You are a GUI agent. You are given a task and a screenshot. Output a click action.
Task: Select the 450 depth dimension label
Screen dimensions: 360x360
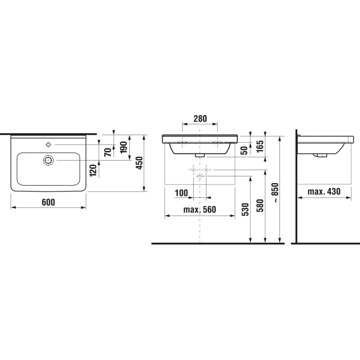point(140,163)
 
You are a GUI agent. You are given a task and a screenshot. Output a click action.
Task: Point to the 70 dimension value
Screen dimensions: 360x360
point(108,151)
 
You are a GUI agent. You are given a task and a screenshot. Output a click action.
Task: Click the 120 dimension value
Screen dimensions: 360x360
point(93,170)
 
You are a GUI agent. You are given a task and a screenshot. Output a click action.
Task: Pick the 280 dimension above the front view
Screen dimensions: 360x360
point(200,119)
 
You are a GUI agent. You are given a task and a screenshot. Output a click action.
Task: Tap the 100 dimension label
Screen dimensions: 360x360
point(181,193)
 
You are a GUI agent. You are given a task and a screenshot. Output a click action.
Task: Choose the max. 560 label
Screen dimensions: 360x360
point(200,210)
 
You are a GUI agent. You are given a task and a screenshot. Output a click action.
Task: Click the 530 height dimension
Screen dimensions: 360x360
point(245,210)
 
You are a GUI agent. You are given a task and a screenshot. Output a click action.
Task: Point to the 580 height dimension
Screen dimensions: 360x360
point(260,206)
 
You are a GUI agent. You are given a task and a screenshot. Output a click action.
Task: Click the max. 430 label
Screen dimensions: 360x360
point(324,192)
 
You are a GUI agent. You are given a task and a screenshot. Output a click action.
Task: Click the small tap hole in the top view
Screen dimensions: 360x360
point(49,144)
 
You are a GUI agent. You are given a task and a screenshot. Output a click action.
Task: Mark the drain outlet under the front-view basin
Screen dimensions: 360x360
point(200,155)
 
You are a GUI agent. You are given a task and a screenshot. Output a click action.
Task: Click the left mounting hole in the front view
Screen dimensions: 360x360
point(182,142)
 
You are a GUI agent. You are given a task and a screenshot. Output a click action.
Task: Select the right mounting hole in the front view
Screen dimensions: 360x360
point(217,142)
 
